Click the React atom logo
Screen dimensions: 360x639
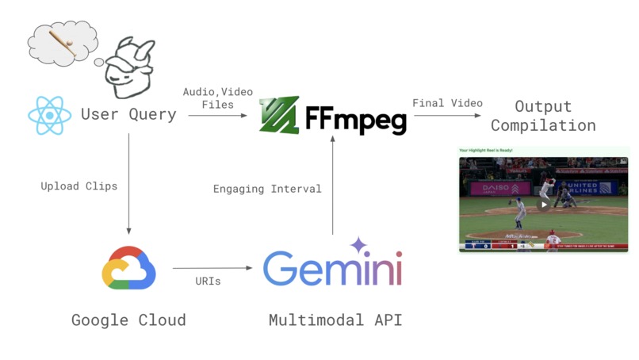(x=50, y=115)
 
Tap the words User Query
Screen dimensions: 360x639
(x=128, y=115)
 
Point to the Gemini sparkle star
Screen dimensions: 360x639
(x=358, y=245)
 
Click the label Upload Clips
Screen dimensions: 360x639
(x=79, y=186)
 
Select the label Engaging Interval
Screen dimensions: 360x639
(x=267, y=189)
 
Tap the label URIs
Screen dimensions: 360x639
(x=210, y=281)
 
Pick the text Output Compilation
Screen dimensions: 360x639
(x=543, y=116)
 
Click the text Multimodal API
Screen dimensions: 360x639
(x=332, y=320)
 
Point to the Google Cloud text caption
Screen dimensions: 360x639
(x=128, y=320)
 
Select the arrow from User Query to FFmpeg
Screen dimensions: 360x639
(x=217, y=116)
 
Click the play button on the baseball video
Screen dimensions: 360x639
(x=543, y=204)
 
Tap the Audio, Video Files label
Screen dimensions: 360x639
(x=218, y=98)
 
